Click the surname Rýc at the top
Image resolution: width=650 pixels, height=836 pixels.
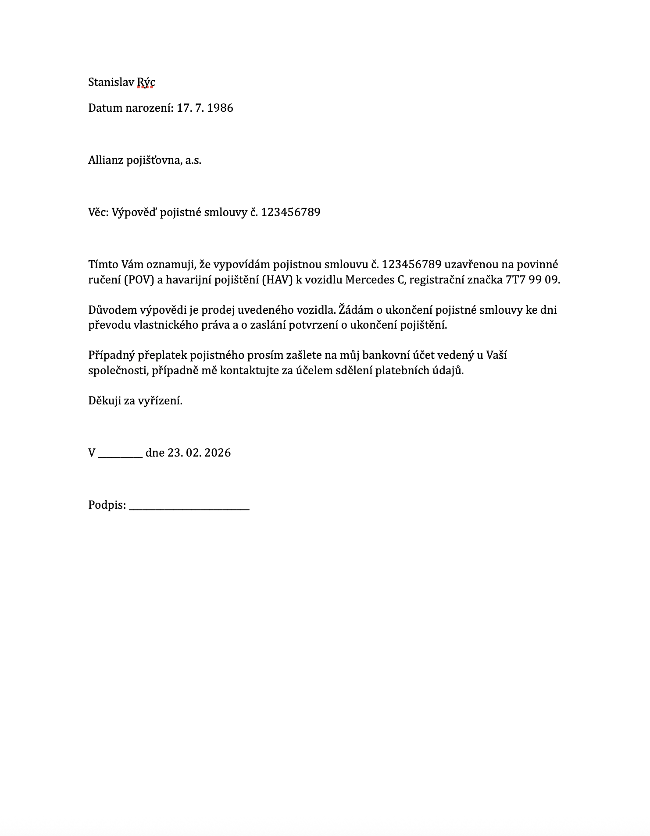coord(146,82)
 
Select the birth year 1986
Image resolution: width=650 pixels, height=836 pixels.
coord(220,108)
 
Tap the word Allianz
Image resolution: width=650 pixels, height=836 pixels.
coord(106,160)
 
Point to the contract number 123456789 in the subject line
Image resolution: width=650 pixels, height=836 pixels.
coord(291,213)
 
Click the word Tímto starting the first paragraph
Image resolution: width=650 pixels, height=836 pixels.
coord(103,265)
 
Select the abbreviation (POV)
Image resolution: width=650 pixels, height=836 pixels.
coord(139,280)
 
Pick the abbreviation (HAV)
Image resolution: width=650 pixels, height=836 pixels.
coord(277,280)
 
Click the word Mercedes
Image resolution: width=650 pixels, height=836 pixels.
coord(370,280)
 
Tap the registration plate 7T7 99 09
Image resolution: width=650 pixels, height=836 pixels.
coord(532,280)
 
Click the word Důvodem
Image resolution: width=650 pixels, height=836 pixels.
coord(112,310)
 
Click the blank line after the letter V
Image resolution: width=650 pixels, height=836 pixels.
coord(120,456)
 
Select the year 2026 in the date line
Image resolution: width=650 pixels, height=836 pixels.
coord(218,453)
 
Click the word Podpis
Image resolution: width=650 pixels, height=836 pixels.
coord(107,505)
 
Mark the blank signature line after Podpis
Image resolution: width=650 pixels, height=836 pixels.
coord(189,508)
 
